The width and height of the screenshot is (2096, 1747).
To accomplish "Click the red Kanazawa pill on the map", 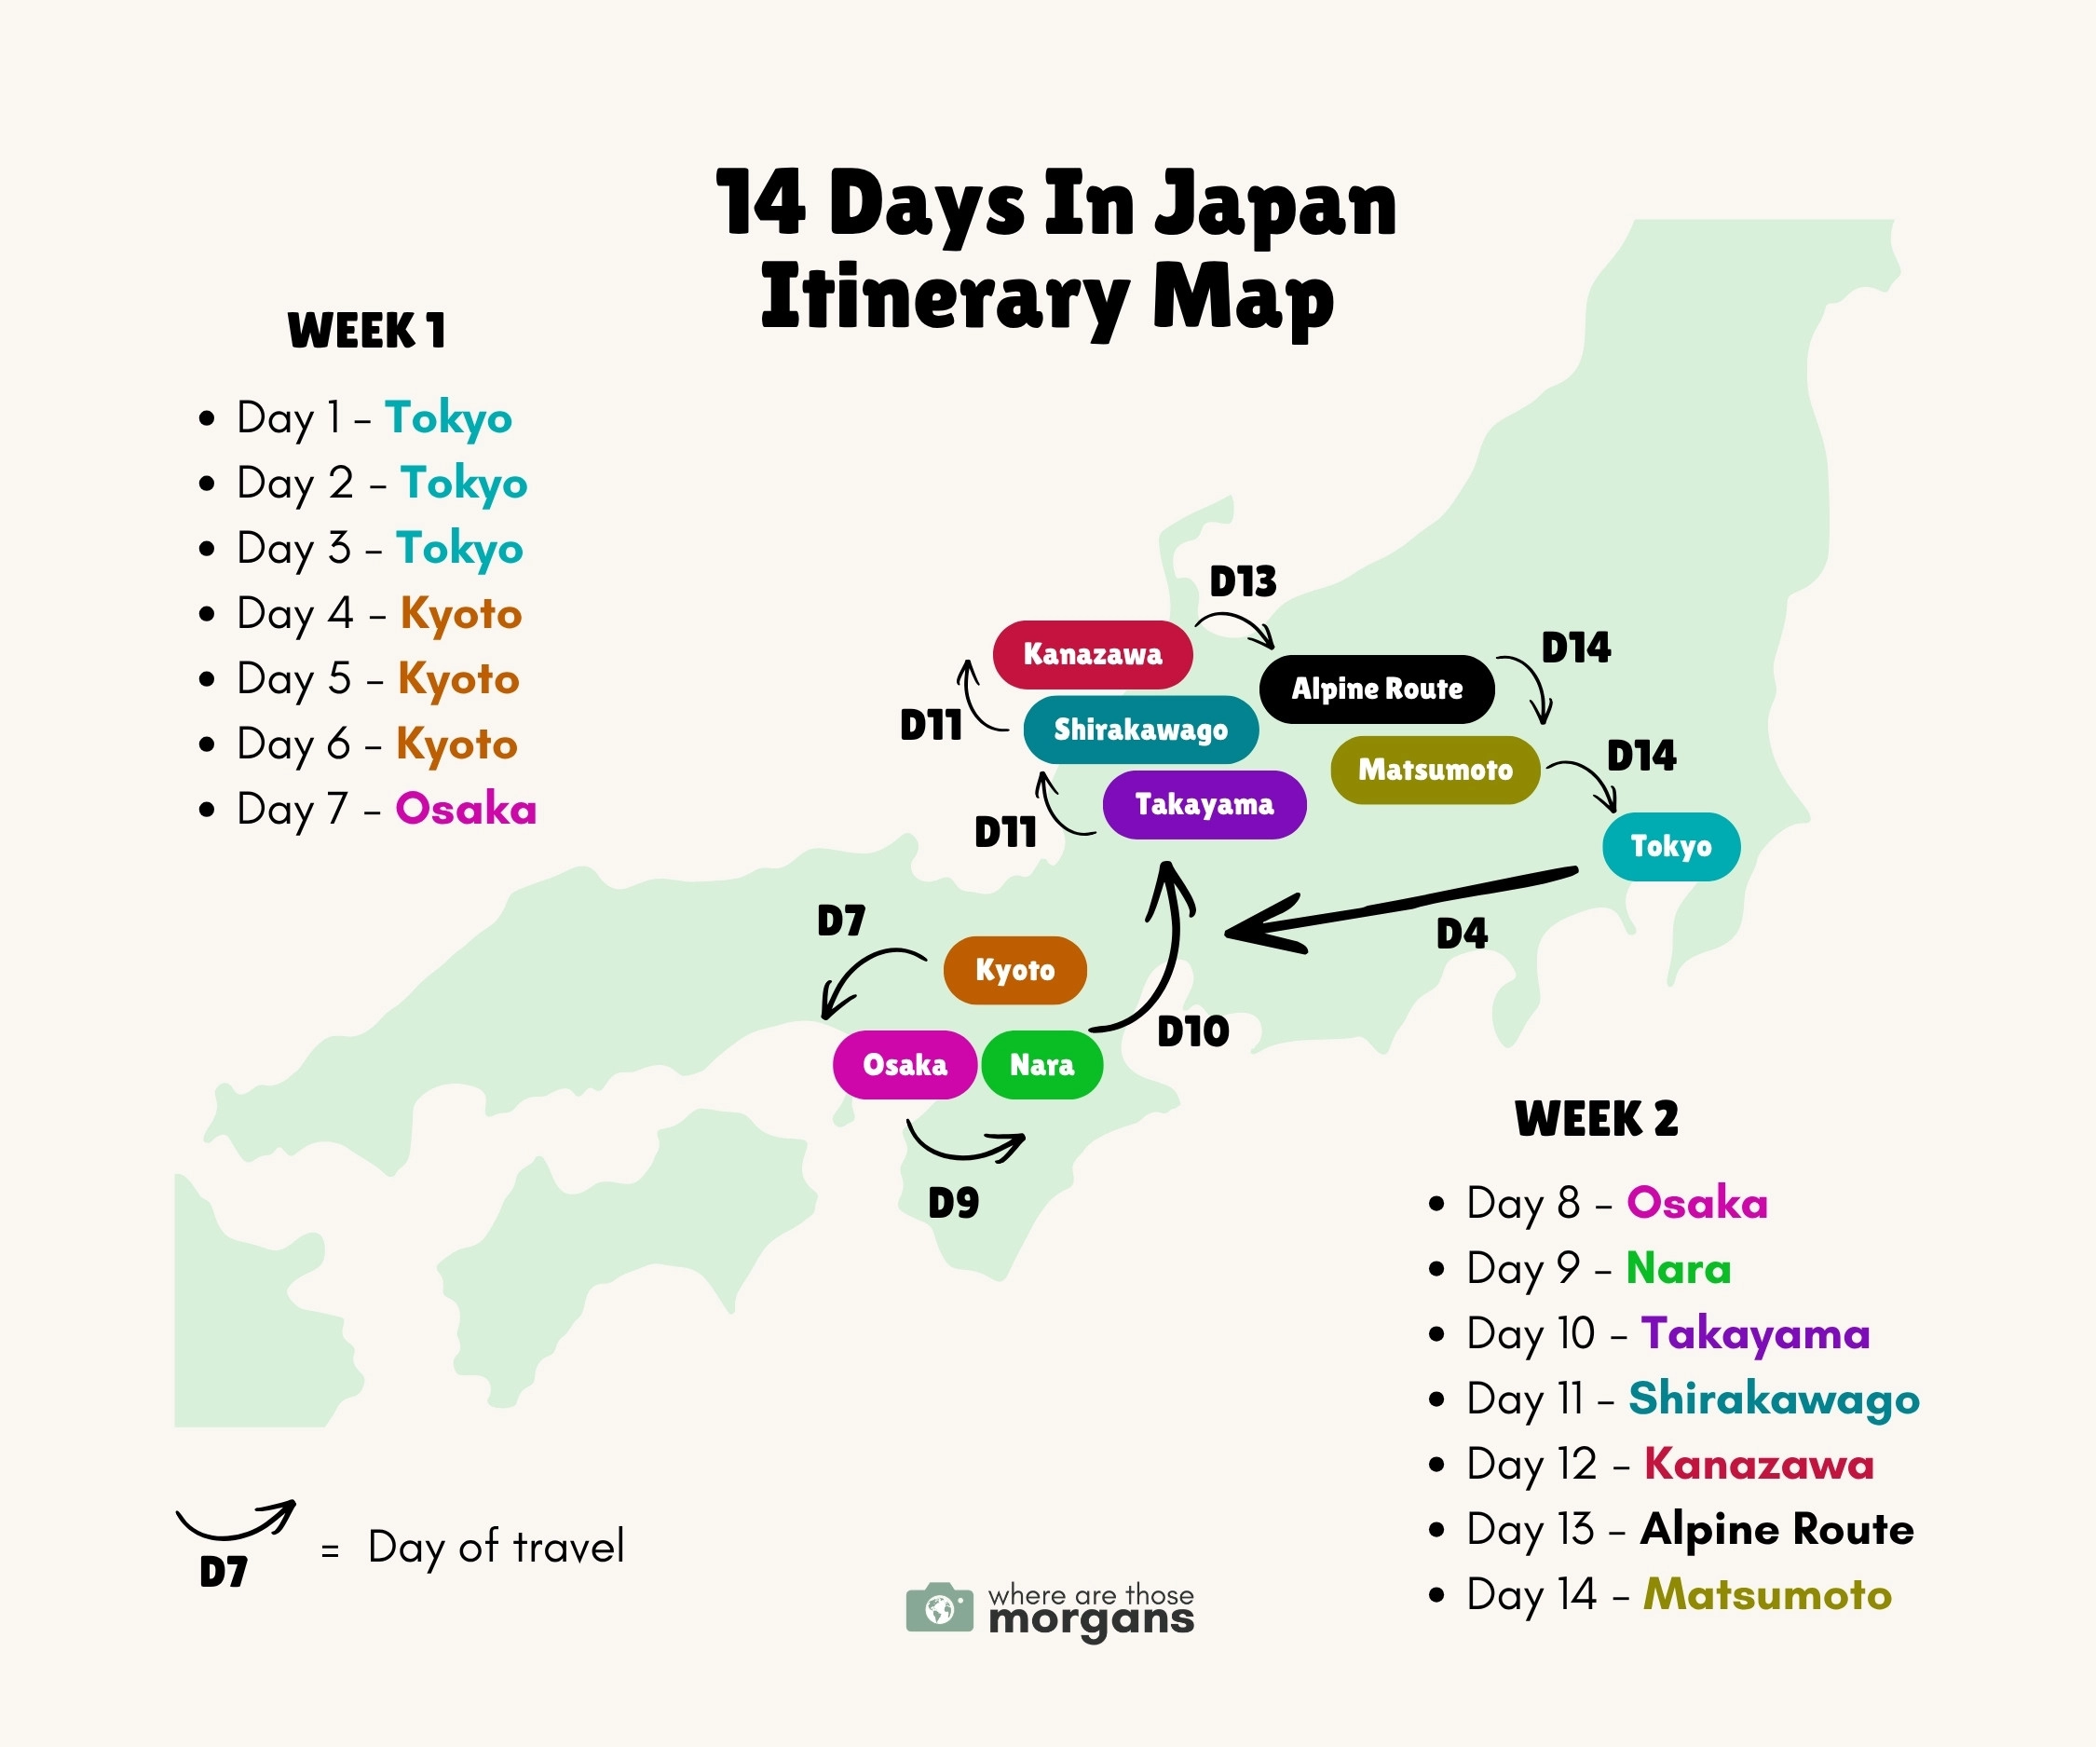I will tap(1092, 655).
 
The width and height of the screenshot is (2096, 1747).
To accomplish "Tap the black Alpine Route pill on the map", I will tap(1377, 689).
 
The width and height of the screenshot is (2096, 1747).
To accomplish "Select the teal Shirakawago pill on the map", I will tap(1141, 730).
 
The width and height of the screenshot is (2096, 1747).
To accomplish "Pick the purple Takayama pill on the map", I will tap(1205, 805).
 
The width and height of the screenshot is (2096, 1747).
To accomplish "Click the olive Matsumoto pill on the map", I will tap(1436, 770).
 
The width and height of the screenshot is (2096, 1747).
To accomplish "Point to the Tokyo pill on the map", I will tap(1671, 847).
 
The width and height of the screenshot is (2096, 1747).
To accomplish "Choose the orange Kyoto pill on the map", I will tap(1015, 970).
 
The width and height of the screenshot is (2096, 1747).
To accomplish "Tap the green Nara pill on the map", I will tap(1042, 1065).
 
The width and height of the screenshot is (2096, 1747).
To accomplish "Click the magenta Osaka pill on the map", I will tap(905, 1065).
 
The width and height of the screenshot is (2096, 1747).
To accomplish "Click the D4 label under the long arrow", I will tap(1462, 935).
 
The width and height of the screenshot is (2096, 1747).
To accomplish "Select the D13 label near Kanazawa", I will tap(1243, 582).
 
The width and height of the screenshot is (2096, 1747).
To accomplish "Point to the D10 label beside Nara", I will tap(1192, 1032).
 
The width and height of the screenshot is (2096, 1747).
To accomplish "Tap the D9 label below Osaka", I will tap(953, 1204).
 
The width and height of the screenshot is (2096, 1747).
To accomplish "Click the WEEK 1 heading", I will tap(366, 332).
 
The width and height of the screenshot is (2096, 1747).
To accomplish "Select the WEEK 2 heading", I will tap(1596, 1119).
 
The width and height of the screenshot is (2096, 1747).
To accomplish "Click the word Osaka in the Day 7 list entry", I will tap(466, 810).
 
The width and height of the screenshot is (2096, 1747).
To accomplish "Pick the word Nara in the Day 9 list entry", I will tap(1678, 1269).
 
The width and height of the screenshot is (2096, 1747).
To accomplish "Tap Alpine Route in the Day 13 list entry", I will tap(1776, 1529).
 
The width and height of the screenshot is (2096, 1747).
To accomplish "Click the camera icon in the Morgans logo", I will tap(939, 1608).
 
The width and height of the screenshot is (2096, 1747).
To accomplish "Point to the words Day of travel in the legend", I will tap(496, 1548).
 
